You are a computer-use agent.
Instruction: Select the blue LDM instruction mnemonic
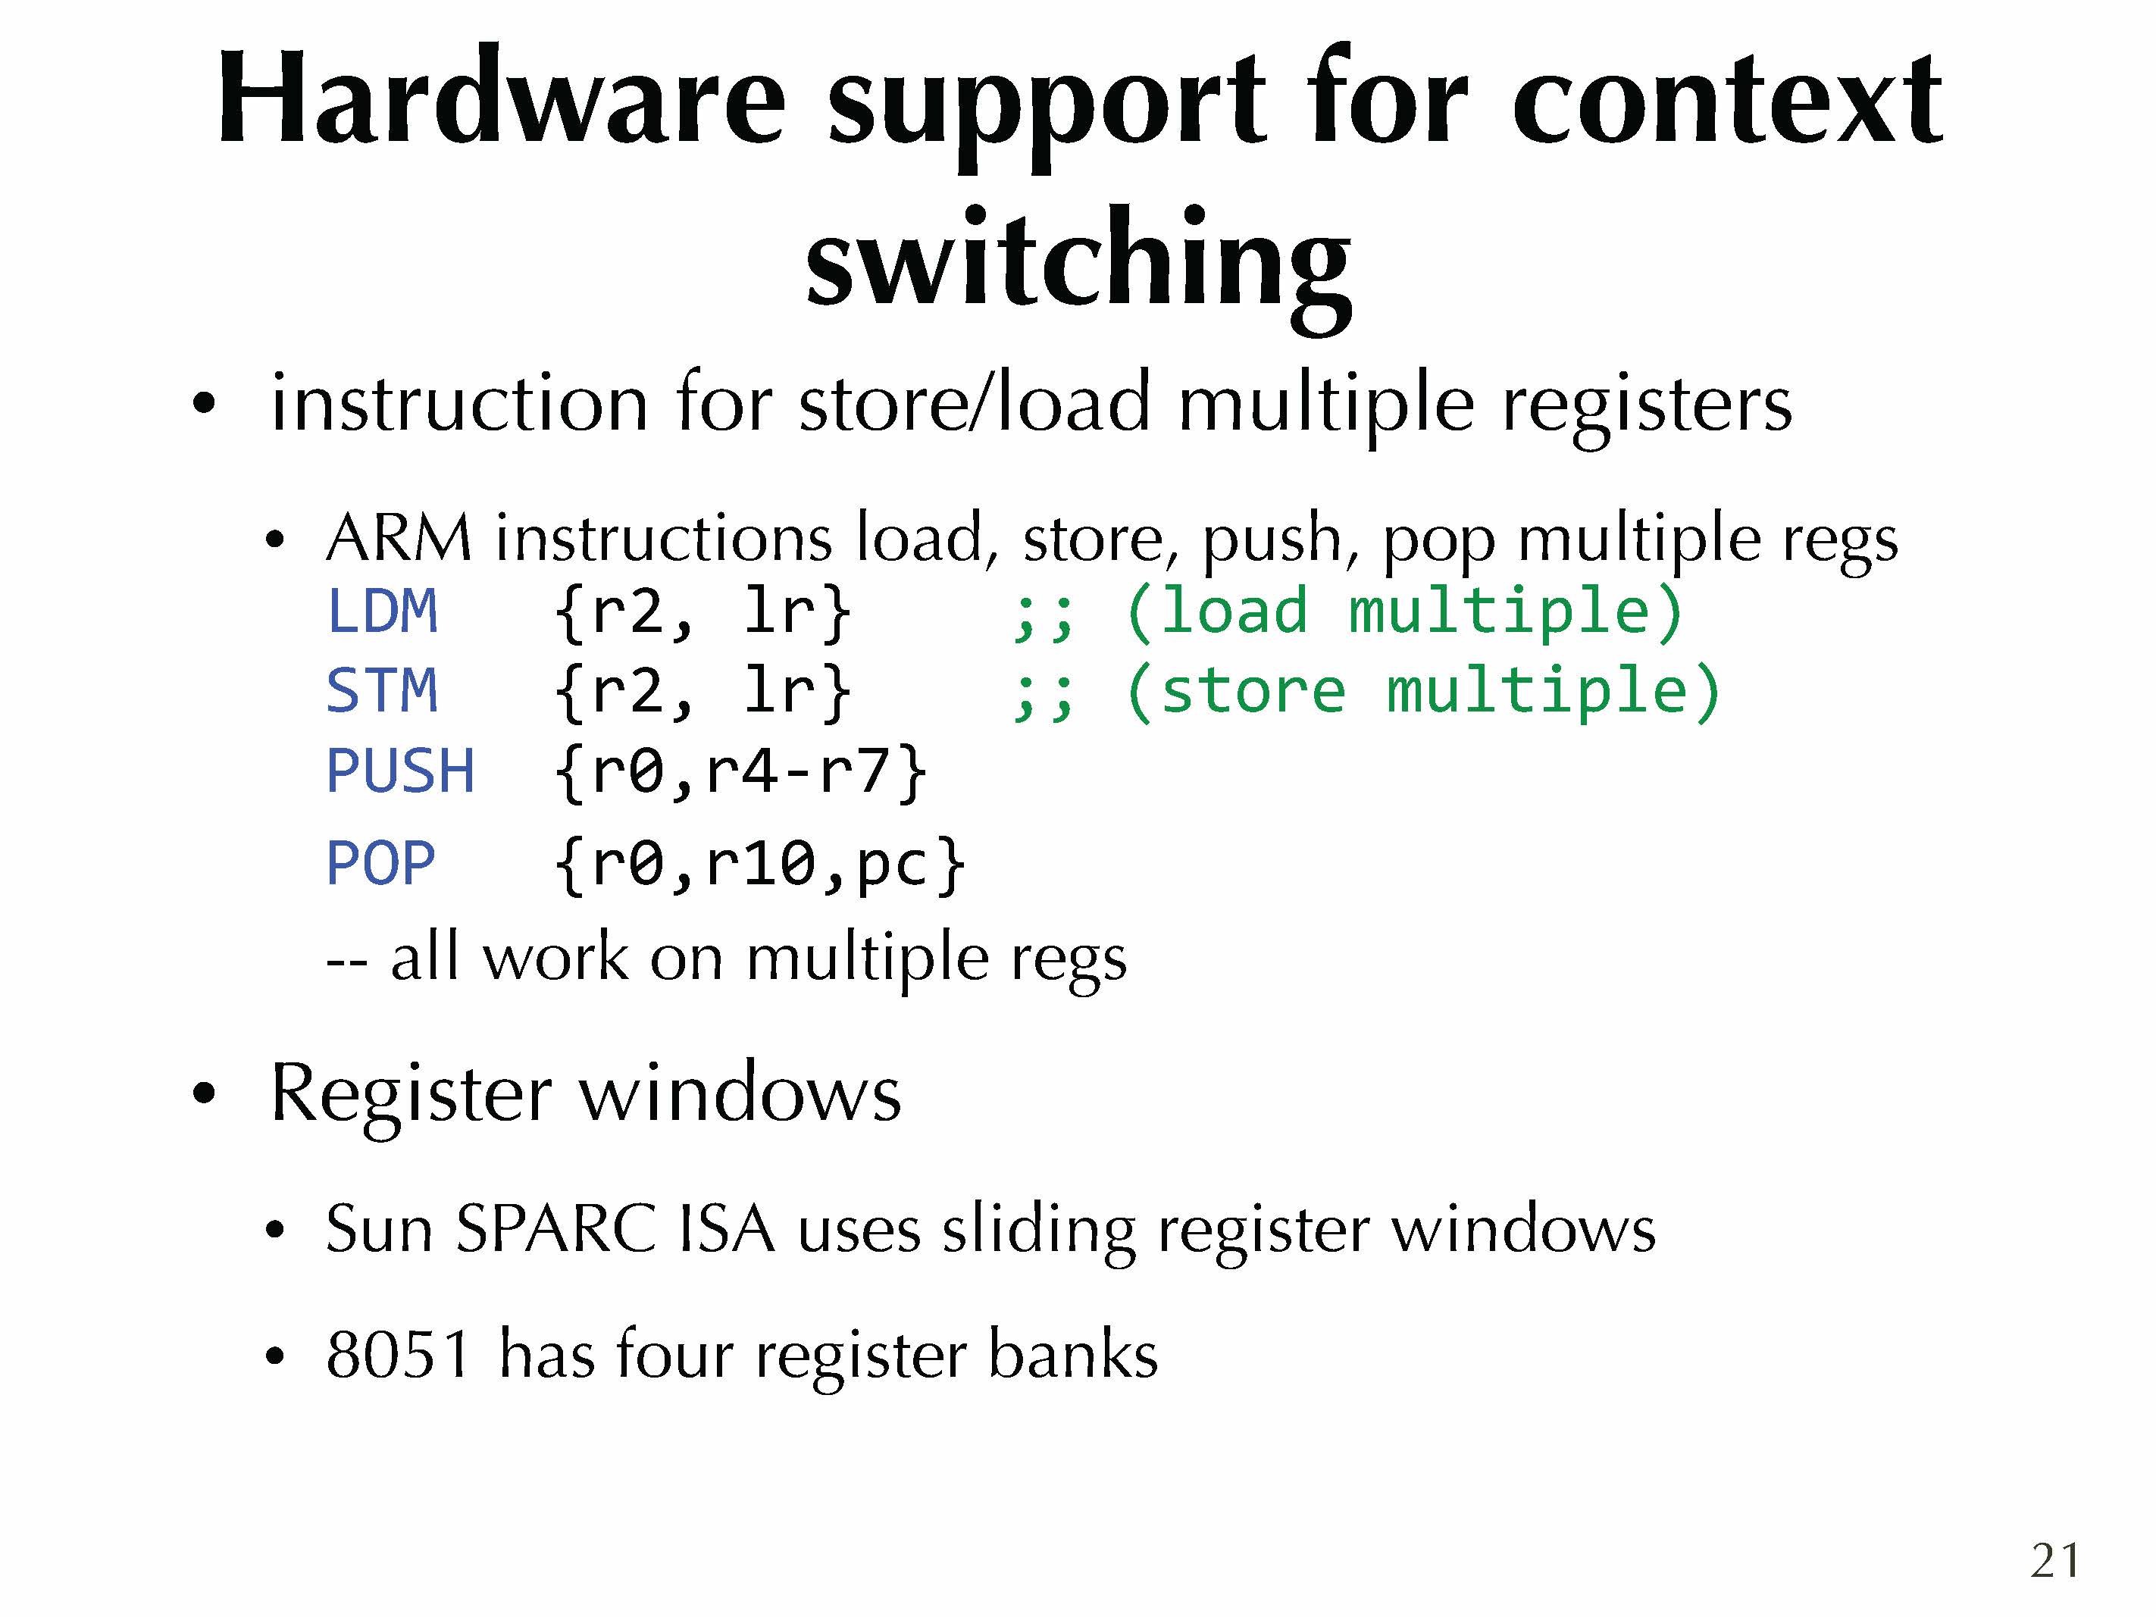[x=382, y=611]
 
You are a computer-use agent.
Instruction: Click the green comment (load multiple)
[x=1403, y=611]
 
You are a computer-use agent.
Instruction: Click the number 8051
[x=399, y=1354]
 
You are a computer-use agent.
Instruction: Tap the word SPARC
[x=555, y=1228]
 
